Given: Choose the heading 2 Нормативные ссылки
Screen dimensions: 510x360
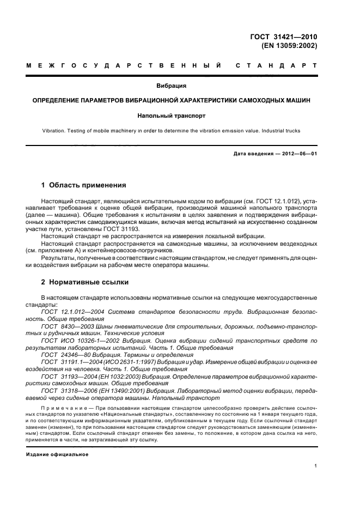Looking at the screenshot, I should (84, 282).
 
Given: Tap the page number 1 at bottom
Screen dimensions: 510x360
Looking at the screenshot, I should (316, 466).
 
